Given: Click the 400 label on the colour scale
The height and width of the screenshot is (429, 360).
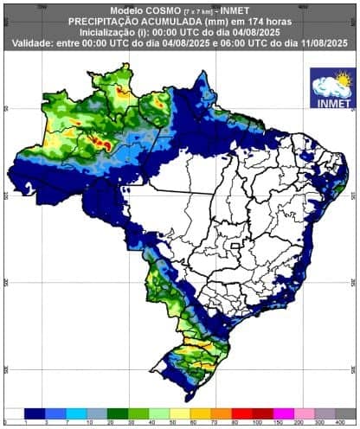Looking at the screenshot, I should coord(346,423).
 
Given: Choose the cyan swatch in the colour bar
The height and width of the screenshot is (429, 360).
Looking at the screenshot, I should coord(77,413).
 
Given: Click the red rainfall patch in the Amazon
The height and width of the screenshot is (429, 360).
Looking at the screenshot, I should coord(105,145).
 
